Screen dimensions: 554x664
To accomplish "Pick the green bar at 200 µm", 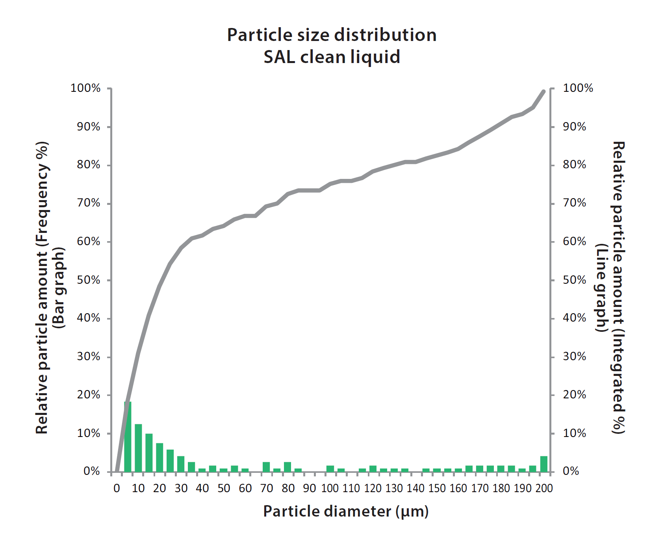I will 544,465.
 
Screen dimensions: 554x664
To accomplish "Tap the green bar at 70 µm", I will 266,467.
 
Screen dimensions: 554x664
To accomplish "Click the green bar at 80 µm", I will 287,467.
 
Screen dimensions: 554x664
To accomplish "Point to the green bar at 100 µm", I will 330,469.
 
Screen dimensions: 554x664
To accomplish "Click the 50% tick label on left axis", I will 89,280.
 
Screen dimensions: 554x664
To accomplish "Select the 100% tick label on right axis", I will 578,88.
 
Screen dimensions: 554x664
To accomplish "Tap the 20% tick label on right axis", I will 574,395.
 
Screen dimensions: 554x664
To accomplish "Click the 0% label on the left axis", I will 92,472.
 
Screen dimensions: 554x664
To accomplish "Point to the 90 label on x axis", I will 309,489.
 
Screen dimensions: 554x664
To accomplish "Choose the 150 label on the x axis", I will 437,489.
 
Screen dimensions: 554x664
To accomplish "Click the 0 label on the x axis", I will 117,489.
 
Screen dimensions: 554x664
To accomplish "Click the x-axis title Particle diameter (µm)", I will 346,511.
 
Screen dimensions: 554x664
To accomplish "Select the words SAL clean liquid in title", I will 332,57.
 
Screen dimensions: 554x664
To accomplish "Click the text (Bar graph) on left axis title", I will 59,288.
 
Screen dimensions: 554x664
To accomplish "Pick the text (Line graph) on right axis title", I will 601,288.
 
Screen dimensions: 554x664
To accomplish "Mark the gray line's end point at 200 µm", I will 544,91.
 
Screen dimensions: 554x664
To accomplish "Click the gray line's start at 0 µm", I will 117,470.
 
